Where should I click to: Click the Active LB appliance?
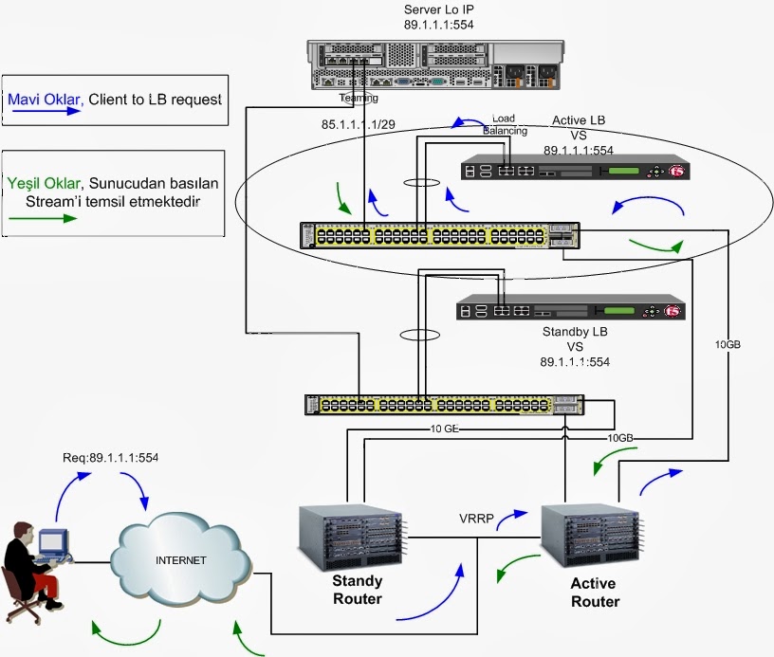pos(574,170)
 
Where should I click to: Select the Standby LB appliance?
pos(569,309)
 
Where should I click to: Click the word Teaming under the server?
pos(359,98)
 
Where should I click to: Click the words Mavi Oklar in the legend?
pos(44,98)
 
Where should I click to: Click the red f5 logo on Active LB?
pos(676,172)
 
